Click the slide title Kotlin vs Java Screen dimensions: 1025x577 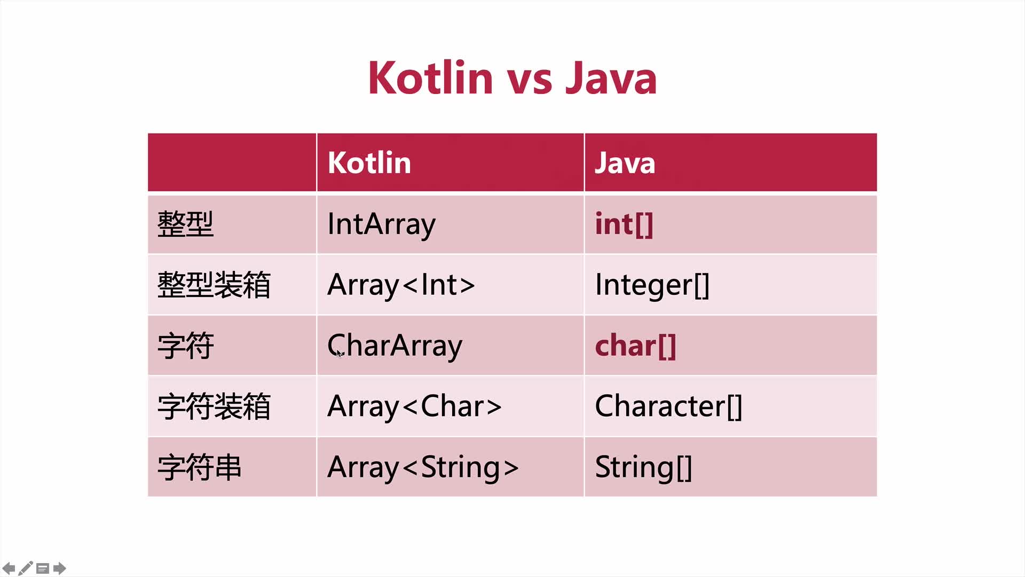512,78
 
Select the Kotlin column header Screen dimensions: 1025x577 369,162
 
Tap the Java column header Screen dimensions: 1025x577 625,163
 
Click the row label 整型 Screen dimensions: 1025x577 185,224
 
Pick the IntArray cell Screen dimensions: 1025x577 381,225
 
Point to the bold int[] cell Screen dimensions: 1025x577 624,224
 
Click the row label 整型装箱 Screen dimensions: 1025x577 214,285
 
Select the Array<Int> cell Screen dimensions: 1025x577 401,285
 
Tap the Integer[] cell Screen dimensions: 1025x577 652,285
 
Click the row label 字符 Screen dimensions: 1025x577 185,346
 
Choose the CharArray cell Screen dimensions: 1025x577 395,346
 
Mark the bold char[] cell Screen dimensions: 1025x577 635,346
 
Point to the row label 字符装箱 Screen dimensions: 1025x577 214,407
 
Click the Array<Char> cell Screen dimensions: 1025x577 414,407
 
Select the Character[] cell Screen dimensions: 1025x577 668,407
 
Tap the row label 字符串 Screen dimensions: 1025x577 199,467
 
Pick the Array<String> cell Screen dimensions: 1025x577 423,467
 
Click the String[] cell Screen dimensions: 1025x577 643,467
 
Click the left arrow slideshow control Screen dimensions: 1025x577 9,568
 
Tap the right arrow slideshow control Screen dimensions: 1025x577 60,568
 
